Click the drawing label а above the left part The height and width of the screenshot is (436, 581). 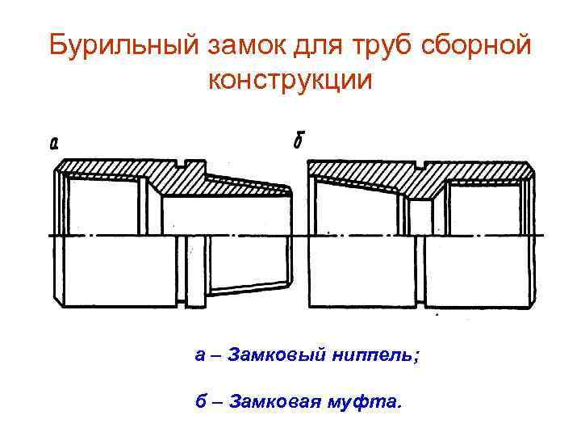point(53,145)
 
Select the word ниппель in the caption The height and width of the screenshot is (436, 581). point(377,355)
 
